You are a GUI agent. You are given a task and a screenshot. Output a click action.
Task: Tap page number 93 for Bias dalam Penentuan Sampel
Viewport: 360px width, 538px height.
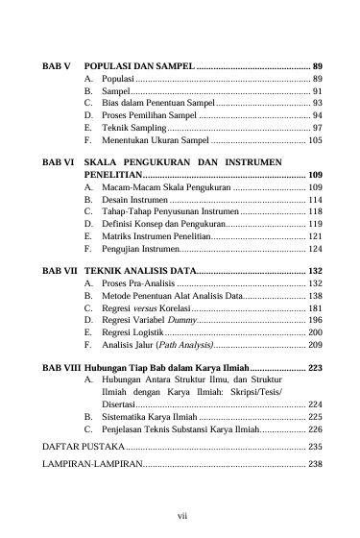pos(316,102)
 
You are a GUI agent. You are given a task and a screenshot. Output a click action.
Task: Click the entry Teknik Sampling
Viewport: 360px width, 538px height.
pos(132,127)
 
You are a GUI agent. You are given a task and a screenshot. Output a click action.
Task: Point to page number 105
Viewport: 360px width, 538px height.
pos(314,139)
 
